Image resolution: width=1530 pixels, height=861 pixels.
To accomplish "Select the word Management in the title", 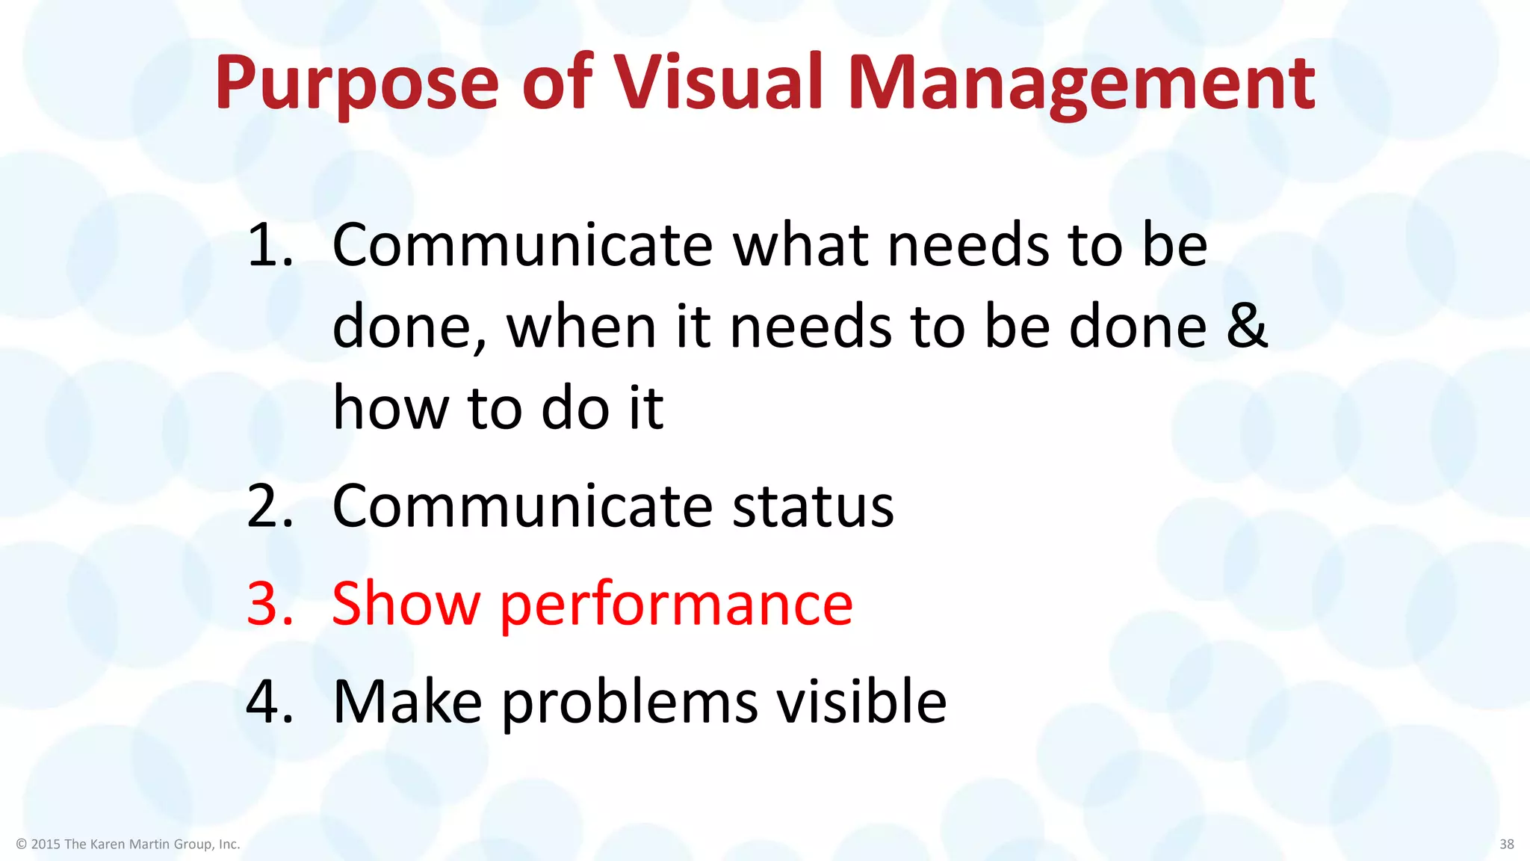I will (1081, 84).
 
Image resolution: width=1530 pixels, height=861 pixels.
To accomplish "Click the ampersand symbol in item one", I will (1247, 327).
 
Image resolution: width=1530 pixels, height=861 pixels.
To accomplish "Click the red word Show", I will (406, 604).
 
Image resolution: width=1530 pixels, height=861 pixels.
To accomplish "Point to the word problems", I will (629, 703).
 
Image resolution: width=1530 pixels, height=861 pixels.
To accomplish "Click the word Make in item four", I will (407, 702).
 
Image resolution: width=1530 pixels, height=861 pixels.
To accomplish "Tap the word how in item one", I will (391, 409).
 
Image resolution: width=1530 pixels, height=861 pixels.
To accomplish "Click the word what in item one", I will (800, 245).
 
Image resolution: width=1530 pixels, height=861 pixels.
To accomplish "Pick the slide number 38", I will (1506, 845).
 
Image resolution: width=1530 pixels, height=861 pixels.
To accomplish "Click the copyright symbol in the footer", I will (21, 845).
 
